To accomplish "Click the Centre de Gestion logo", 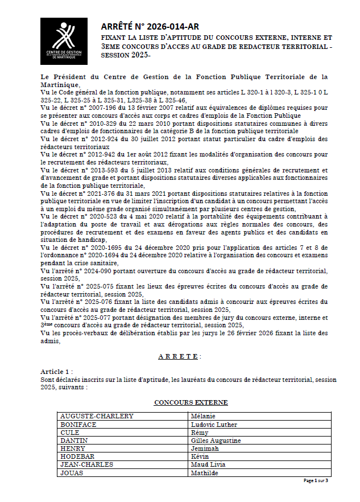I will click(64, 41).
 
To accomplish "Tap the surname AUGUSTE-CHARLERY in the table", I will click(97, 416).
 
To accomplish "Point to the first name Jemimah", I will click(205, 448).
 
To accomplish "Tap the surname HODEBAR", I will click(78, 456).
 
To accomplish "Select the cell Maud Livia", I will click(209, 464).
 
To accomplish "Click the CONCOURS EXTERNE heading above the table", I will click(191, 402).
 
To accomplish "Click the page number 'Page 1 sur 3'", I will click(316, 480).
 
